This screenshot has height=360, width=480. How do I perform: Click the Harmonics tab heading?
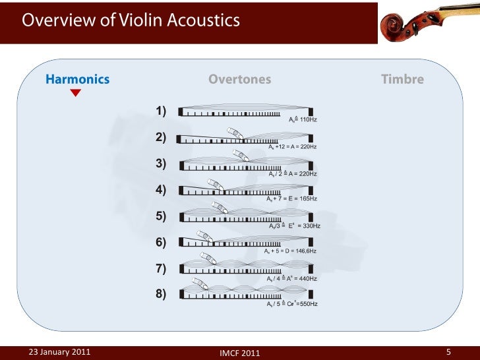(77, 80)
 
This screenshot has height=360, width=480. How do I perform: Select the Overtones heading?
(239, 80)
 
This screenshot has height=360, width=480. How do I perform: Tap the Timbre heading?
(402, 80)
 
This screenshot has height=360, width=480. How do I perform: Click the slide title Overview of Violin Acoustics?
(131, 20)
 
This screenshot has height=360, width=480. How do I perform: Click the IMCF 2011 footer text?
(239, 353)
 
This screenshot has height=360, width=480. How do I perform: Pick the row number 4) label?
(162, 190)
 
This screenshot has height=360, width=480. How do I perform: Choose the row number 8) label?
(162, 294)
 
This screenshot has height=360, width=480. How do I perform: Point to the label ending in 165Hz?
(291, 198)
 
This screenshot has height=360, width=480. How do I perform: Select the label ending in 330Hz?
(295, 225)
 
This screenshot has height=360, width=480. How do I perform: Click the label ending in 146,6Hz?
(290, 251)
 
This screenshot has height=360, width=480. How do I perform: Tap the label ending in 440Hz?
(291, 278)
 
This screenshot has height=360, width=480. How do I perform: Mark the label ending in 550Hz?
(292, 304)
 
